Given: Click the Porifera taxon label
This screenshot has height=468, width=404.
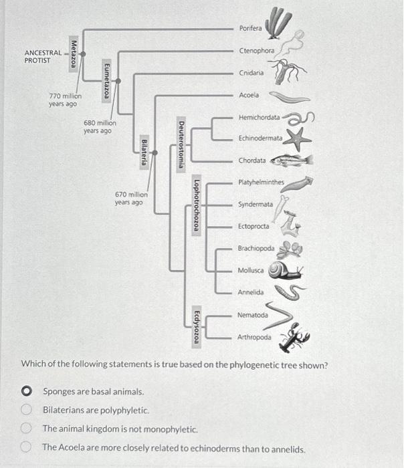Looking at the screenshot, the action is tap(251, 27).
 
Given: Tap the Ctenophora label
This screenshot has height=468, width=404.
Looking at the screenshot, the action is tap(257, 51).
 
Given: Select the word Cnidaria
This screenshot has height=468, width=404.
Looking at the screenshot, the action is tap(251, 72).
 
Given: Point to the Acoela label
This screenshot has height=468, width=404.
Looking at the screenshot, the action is tap(249, 96).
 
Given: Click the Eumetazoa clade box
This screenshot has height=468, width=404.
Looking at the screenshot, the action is tap(106, 80).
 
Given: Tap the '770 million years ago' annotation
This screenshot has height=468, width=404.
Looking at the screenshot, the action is tap(63, 100).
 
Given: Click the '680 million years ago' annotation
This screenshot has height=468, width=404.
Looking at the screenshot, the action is tap(100, 127).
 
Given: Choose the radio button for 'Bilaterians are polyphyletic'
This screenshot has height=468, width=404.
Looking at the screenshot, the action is tap(27, 409).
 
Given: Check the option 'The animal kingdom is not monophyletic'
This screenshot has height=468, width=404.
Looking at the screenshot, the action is tap(27, 429).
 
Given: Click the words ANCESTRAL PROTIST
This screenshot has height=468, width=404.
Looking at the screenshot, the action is tap(42, 55).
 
